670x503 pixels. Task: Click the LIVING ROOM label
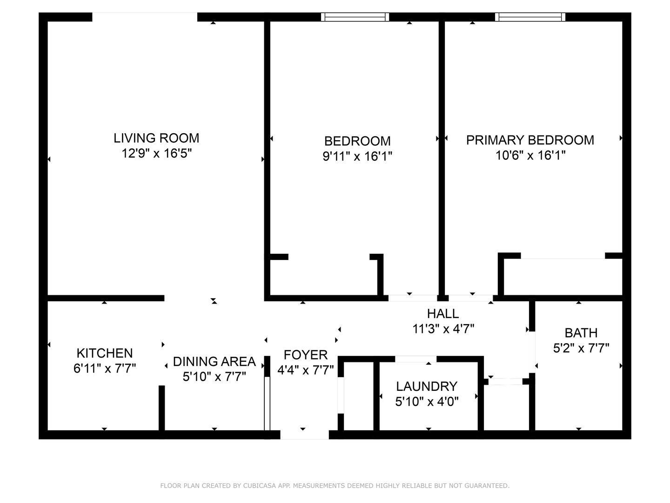coord(156,138)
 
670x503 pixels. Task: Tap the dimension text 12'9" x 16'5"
coord(157,153)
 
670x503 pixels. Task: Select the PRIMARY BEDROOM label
coord(530,140)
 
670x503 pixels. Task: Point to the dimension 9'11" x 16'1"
coord(357,156)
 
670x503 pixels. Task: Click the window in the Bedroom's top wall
coord(355,17)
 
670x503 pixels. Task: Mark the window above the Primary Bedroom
coord(530,17)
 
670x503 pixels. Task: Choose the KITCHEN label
coord(105,353)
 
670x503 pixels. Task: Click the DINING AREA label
coord(214,361)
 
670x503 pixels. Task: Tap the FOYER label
coord(306,355)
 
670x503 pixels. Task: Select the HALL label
coord(443,313)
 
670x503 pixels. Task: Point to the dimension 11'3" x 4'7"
coord(443,329)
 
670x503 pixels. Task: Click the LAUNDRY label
coord(427,387)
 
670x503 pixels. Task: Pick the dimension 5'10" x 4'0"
coord(427,401)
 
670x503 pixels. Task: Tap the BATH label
coord(581,333)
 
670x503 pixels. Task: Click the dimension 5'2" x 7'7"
coord(581,348)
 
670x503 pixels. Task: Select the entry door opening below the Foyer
coord(304,435)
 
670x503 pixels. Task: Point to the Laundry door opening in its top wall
coord(416,359)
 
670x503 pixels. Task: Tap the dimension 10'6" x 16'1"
coord(530,156)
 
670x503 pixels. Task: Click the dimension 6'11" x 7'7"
coord(105,368)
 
